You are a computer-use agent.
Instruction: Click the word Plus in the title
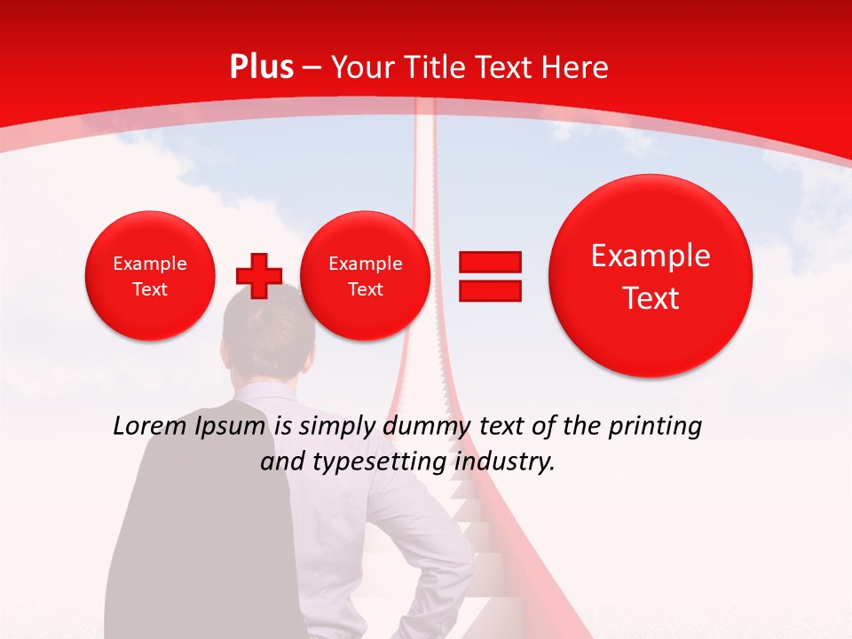click(261, 67)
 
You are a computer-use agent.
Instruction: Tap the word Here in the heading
click(576, 67)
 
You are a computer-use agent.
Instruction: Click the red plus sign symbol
click(258, 276)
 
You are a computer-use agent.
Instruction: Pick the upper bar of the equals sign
click(489, 262)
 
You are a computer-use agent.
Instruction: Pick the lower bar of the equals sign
click(489, 290)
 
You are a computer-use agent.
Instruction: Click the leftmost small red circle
click(150, 276)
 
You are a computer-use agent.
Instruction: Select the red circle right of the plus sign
click(365, 276)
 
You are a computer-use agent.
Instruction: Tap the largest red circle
click(651, 276)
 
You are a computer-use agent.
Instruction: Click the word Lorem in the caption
click(150, 427)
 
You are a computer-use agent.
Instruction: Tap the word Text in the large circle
click(651, 298)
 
